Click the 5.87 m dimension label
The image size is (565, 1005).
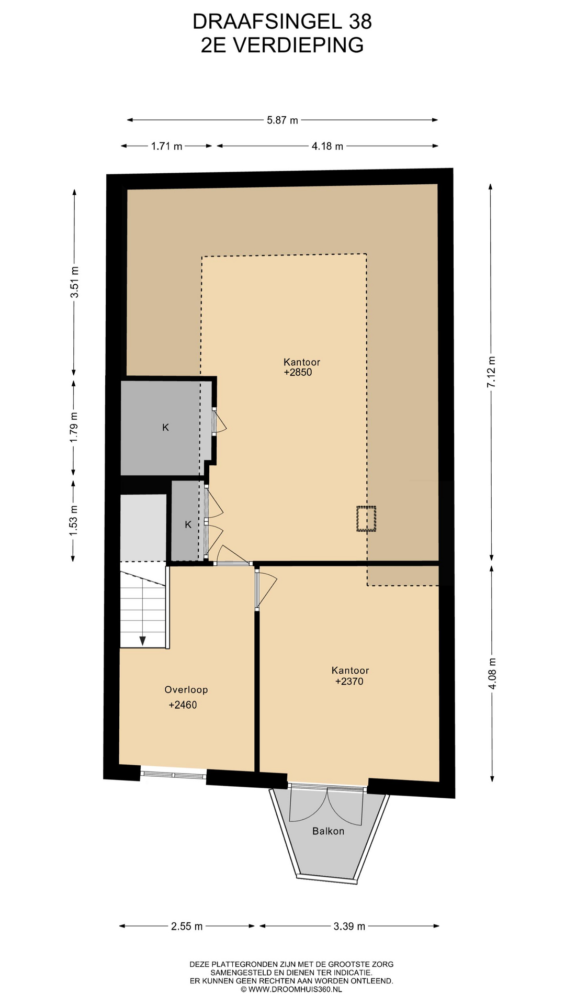[x=282, y=120]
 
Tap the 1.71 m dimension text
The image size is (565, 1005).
[x=167, y=147]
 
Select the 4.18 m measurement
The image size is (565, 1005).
[x=327, y=147]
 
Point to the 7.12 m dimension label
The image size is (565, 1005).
[x=491, y=372]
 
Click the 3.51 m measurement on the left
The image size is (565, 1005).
[x=75, y=282]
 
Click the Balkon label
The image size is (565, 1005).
[x=329, y=831]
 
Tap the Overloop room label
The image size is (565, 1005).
[x=186, y=690]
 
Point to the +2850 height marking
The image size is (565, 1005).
[x=298, y=373]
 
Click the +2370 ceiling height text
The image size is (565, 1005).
[x=349, y=682]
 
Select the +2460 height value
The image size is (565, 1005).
[x=183, y=705]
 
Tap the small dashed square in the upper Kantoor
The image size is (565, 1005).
[x=366, y=519]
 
